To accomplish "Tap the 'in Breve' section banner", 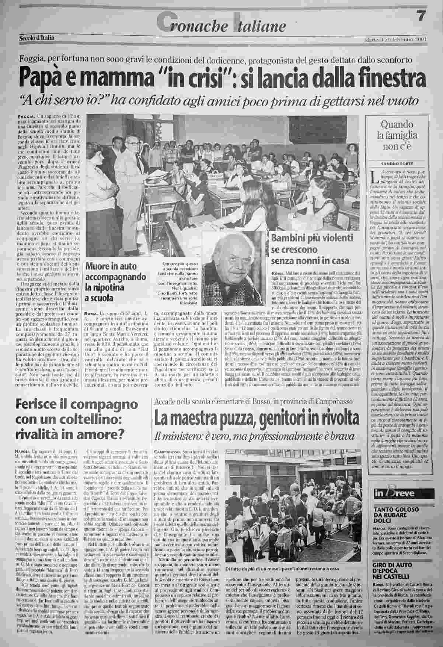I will click(x=389, y=493).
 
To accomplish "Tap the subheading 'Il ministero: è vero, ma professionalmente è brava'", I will click(x=254, y=436).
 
